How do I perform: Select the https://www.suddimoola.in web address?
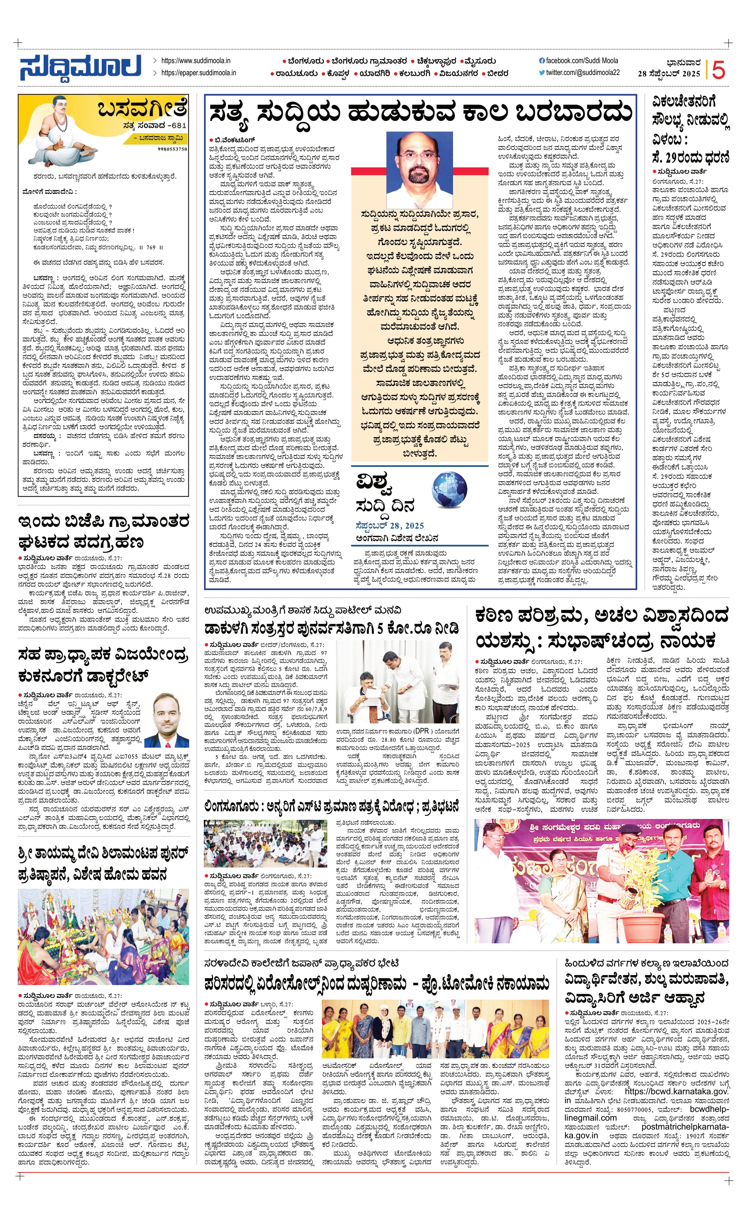[x=196, y=60]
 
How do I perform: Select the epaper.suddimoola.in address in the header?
[x=199, y=73]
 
